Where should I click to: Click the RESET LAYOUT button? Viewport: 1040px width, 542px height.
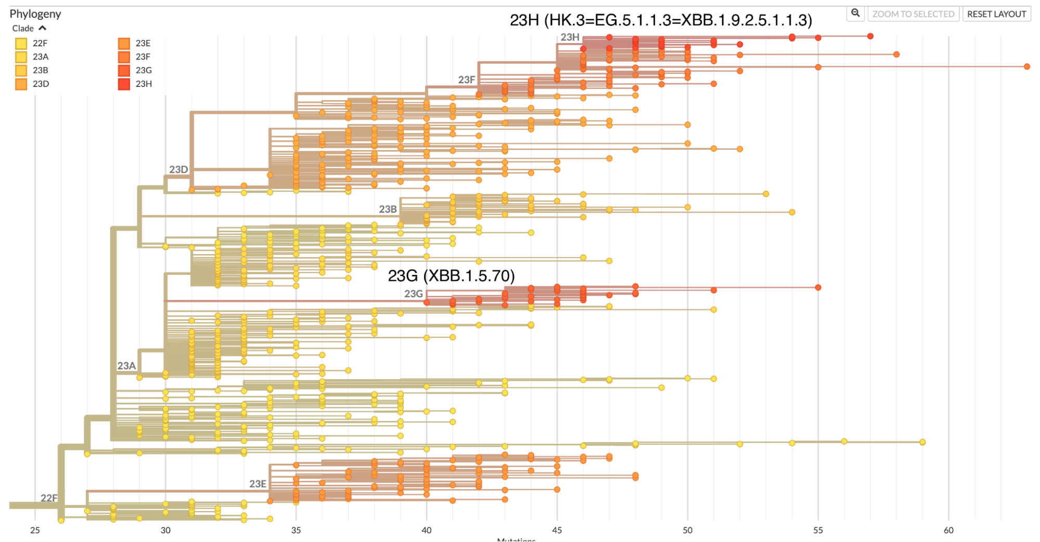click(996, 14)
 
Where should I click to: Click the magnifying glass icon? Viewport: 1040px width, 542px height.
click(855, 14)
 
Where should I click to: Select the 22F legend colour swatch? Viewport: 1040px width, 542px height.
click(21, 43)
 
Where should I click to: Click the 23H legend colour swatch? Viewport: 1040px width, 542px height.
click(124, 84)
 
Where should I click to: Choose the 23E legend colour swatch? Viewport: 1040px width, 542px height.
click(124, 43)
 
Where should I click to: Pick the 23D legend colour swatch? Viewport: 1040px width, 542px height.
click(21, 84)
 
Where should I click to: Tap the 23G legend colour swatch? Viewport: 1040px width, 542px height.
click(124, 70)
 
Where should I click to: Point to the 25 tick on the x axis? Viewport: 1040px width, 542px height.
click(35, 530)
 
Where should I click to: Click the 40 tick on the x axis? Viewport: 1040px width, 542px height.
click(427, 530)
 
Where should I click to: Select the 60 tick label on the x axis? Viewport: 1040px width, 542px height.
click(948, 530)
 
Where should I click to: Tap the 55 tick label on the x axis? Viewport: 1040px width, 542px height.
click(818, 530)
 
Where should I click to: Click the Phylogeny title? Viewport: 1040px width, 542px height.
click(35, 14)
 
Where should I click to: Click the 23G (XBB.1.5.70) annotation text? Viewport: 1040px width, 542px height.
click(451, 275)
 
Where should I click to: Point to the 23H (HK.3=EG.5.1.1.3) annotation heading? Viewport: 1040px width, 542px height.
click(661, 20)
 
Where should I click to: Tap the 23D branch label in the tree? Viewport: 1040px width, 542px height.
click(178, 170)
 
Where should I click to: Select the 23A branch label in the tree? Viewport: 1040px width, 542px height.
click(126, 366)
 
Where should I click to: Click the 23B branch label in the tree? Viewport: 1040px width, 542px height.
click(388, 209)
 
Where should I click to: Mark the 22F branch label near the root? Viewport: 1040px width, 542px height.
click(49, 498)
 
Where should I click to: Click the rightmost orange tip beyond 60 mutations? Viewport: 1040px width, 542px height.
click(1027, 67)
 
